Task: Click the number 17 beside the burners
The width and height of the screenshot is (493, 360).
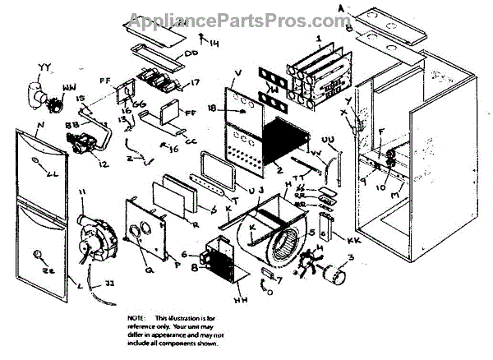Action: coord(194,83)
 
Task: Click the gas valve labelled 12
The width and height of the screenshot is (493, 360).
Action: coord(83,147)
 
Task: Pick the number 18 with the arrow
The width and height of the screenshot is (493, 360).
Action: coord(212,108)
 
